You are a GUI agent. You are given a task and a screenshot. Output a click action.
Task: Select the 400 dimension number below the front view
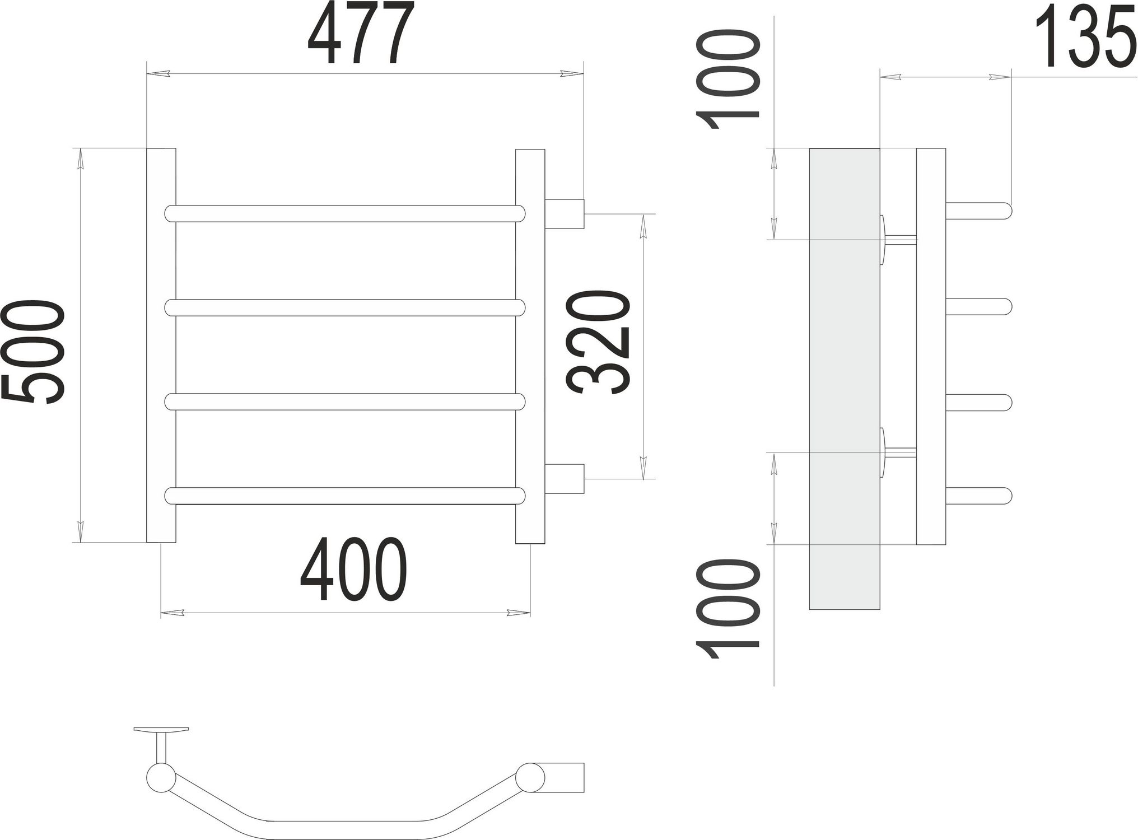pos(353,570)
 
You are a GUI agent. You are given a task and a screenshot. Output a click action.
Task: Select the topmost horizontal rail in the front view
pos(345,213)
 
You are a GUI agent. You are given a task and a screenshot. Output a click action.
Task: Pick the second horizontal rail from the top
pos(345,307)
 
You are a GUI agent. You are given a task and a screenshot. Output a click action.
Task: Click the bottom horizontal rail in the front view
pos(345,496)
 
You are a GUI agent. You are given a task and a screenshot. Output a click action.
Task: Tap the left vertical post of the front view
pos(161,345)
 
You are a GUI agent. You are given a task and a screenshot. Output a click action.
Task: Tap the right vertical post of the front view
pos(530,345)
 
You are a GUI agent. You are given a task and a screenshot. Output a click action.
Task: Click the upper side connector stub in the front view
pos(564,214)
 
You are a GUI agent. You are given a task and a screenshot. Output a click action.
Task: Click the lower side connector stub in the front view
pos(564,478)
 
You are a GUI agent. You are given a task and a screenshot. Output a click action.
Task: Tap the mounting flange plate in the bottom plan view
pos(161,730)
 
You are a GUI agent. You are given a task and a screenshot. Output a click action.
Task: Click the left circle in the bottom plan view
pos(161,778)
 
